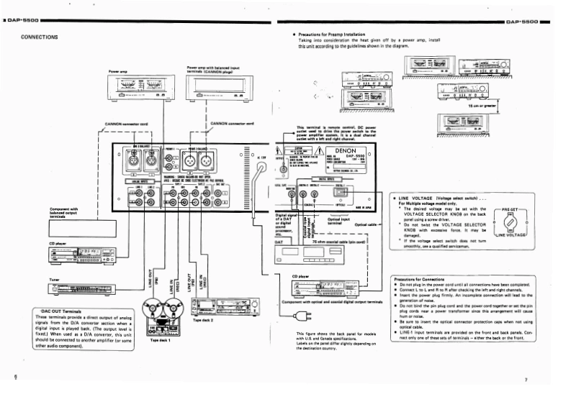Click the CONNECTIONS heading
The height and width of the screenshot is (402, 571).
tap(40, 37)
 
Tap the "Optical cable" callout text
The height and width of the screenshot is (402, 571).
tap(366, 224)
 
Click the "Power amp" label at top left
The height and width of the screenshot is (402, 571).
tap(118, 72)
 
